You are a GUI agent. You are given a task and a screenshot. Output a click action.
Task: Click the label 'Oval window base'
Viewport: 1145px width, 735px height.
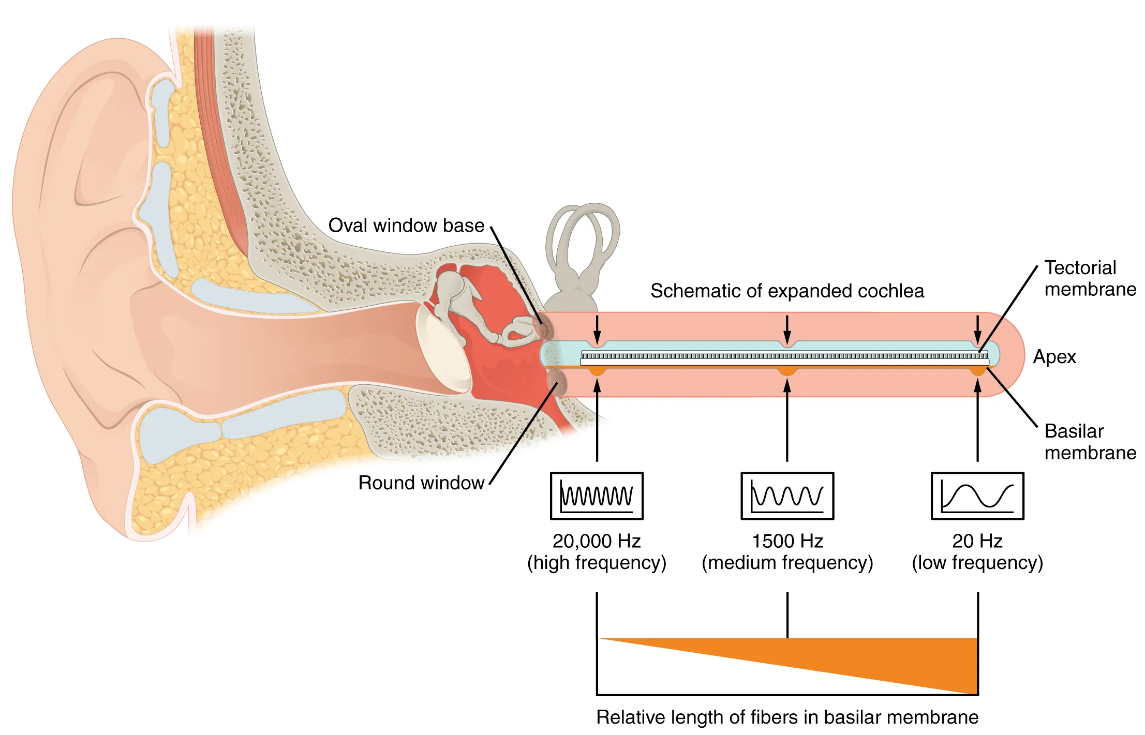[406, 226]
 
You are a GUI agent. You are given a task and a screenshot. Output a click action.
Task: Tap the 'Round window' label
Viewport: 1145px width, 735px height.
[421, 483]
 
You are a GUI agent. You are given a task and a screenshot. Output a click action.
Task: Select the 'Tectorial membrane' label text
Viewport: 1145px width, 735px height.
[1090, 278]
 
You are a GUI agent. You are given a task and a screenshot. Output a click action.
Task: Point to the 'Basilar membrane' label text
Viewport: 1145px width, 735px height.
[1090, 442]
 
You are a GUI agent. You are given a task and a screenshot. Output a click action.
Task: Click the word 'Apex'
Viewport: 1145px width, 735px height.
[1054, 357]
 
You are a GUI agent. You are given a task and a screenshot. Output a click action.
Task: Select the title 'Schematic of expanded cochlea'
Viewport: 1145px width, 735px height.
[786, 291]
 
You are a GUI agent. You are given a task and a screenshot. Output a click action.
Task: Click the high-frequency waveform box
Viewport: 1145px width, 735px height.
[597, 496]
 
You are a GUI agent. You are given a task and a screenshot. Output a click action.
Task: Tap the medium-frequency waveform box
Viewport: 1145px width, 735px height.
[787, 496]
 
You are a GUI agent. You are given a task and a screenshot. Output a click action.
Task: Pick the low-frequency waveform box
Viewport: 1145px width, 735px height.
[977, 496]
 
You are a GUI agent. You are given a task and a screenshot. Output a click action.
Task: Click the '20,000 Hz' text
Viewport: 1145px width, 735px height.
[597, 541]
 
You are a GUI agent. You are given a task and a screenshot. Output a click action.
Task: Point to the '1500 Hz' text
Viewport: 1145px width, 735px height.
[787, 541]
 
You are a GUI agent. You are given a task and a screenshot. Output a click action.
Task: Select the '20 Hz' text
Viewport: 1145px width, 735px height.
[977, 541]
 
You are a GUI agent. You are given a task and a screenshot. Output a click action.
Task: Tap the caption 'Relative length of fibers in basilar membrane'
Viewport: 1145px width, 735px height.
[786, 717]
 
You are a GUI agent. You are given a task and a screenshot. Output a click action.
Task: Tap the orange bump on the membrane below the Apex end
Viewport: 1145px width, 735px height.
[977, 371]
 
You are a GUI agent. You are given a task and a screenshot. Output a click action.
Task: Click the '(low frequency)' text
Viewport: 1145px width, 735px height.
[977, 563]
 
